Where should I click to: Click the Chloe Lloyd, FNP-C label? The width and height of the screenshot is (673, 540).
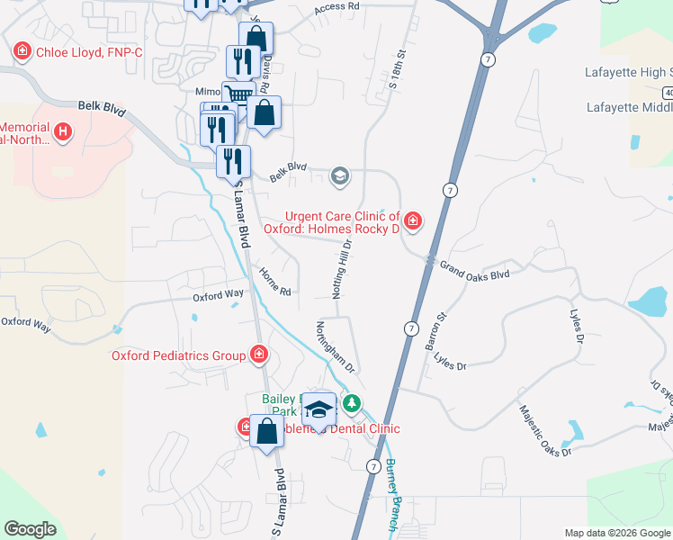[89, 52]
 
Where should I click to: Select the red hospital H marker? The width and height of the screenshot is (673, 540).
[62, 132]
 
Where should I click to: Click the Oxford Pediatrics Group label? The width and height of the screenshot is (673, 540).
[178, 355]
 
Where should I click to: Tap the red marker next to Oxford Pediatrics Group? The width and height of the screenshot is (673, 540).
[259, 355]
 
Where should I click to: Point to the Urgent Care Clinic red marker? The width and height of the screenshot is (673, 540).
[412, 219]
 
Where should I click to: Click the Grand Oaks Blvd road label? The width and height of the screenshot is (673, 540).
[474, 269]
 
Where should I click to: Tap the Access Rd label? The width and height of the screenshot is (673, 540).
[337, 7]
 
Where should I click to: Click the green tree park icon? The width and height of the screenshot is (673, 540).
[353, 402]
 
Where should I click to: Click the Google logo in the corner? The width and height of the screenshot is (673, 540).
[30, 529]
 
